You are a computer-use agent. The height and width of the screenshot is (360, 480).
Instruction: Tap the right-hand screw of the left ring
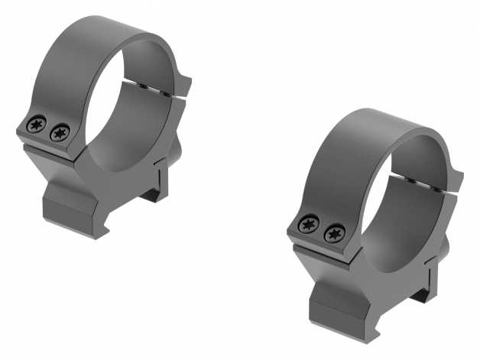point(57,134)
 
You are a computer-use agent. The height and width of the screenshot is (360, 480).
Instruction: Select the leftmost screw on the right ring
point(310,224)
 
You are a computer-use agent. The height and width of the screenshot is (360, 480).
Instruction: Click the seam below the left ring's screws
point(46,149)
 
